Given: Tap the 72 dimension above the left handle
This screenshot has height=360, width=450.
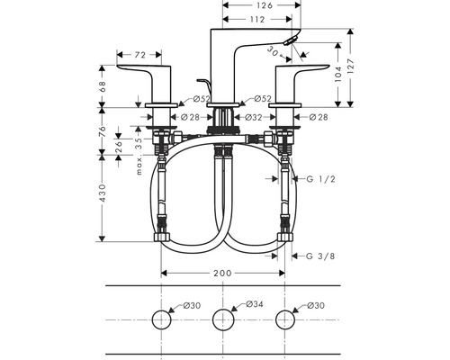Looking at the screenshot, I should tap(139, 56).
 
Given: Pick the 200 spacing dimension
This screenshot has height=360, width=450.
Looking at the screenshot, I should tap(223, 273).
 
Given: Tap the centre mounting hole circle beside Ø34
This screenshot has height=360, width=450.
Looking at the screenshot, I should tap(224, 319).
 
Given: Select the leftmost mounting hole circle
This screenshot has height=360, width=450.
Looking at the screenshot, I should tap(162, 319).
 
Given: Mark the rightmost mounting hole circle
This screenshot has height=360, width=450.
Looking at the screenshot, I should tap(286, 319).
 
